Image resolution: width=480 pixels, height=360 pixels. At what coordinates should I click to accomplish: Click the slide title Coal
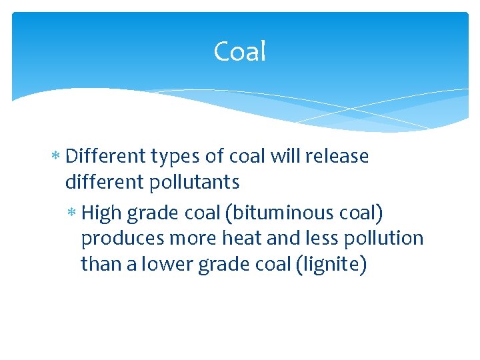point(240,51)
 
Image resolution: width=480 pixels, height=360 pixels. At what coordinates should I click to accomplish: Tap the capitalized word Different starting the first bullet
point(106,156)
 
